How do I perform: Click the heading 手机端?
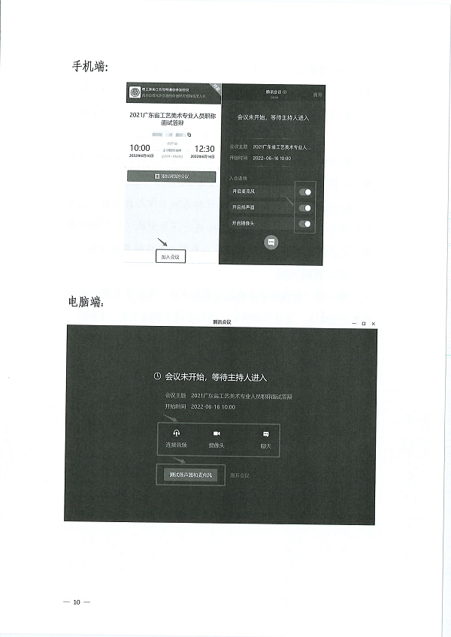[89, 67]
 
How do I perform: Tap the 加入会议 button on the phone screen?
[171, 256]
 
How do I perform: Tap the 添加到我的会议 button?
[172, 177]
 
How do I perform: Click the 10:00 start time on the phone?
[141, 148]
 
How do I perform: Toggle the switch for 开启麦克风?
[305, 192]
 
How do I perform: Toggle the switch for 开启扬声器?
[305, 208]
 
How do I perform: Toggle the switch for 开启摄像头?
[305, 224]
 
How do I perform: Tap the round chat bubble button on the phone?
[271, 242]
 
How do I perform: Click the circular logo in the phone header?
[135, 93]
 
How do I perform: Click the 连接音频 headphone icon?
[176, 434]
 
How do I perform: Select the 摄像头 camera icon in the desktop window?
[216, 434]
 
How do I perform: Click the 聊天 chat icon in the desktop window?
[265, 434]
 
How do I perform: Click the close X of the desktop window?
[374, 323]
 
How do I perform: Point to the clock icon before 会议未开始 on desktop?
[157, 376]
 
